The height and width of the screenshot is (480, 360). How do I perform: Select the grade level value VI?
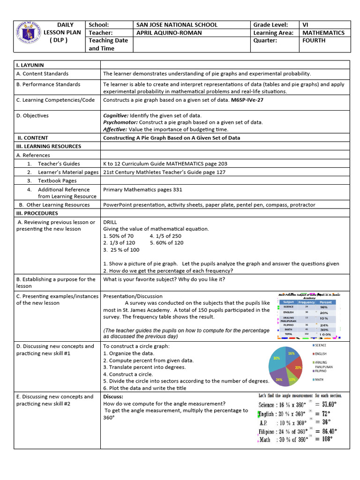(307, 25)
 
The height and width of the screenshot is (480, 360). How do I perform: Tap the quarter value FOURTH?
(314, 41)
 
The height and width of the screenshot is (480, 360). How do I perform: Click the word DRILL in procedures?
(110, 222)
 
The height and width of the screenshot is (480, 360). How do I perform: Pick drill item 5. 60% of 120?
(167, 243)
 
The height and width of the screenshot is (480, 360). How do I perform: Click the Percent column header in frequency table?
(325, 302)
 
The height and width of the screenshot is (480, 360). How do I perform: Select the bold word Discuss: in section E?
(113, 397)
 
